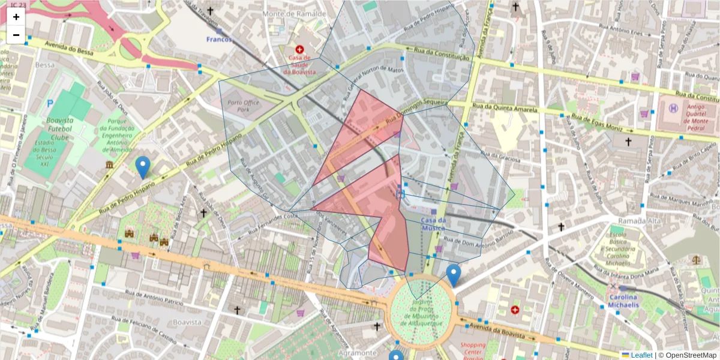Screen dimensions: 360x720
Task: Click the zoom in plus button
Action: tap(16, 17)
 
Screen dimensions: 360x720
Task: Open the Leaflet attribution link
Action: tap(641, 355)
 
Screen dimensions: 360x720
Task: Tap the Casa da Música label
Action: tap(433, 224)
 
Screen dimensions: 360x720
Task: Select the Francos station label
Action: tap(218, 39)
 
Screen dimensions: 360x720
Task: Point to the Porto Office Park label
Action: tap(244, 106)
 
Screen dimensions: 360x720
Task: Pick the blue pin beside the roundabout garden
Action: tap(454, 275)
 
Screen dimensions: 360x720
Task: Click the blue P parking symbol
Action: tap(50, 103)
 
